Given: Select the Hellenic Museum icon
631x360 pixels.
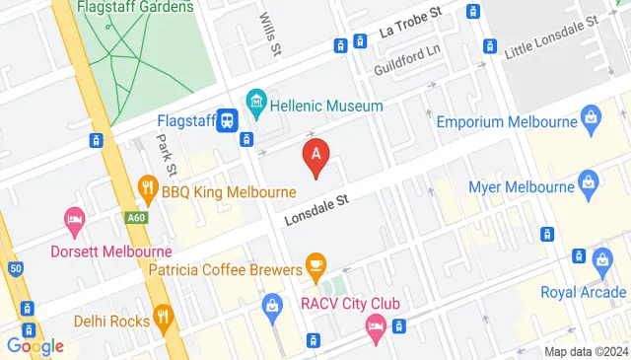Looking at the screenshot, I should (x=256, y=100).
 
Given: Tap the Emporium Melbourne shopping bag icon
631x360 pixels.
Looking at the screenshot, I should (x=590, y=121).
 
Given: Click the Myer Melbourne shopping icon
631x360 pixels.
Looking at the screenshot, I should (x=589, y=181).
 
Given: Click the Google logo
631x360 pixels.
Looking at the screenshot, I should (x=35, y=346).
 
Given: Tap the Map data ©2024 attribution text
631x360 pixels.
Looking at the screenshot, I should (x=586, y=352).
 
